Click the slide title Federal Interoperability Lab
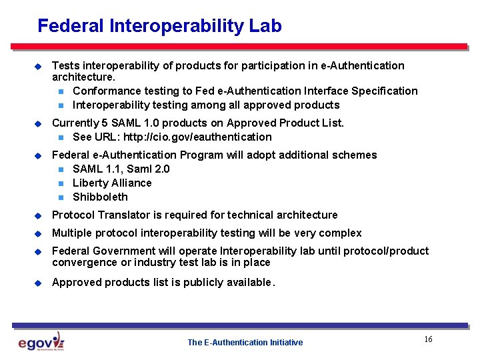pos(159,26)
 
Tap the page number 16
pos(428,340)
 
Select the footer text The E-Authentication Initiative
pos(245,343)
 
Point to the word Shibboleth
pos(100,197)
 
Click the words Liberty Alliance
pos(112,183)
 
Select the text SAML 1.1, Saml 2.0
pos(121,169)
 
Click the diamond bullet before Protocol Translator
pos(38,215)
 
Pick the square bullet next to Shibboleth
pos(61,197)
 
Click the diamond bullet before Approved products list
pos(38,283)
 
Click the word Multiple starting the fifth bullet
pos(72,233)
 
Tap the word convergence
pos(83,263)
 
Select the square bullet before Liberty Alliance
pos(61,183)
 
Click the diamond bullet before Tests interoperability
pos(38,66)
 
